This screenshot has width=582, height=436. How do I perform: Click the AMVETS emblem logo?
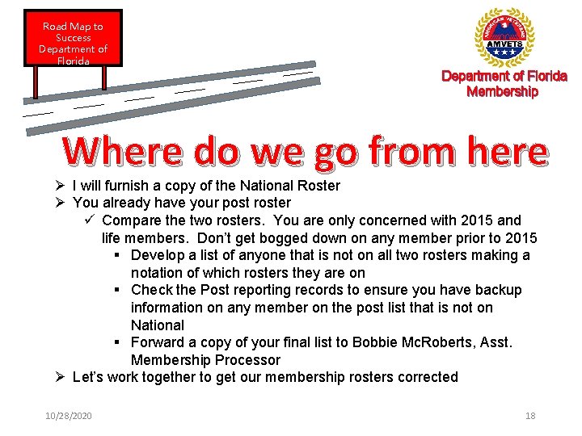(504, 38)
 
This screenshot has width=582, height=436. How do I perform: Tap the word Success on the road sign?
(73, 38)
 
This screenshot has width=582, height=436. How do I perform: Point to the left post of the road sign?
(36, 78)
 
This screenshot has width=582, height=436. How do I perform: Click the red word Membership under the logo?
(502, 92)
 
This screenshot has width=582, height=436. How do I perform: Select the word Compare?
(130, 220)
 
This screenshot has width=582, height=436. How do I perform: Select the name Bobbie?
(372, 342)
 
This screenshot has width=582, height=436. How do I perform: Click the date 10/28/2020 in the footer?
(69, 416)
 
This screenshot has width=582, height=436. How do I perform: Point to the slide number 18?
(530, 416)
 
